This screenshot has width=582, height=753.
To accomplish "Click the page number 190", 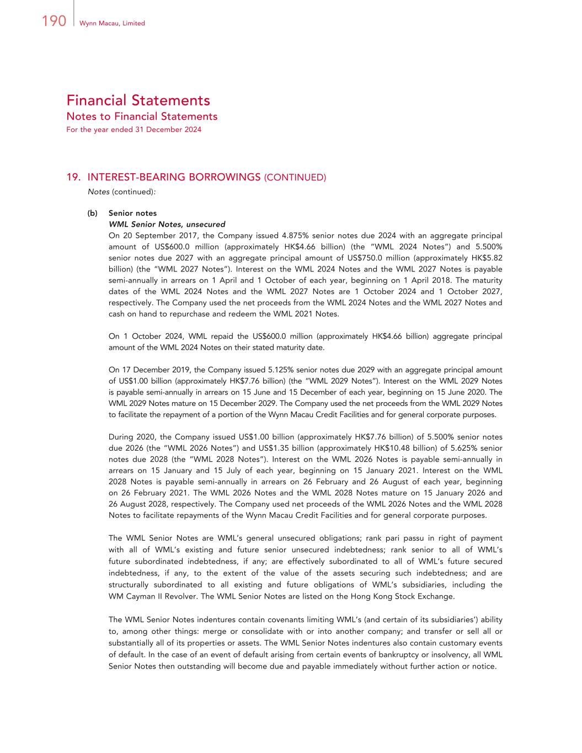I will [x=54, y=22].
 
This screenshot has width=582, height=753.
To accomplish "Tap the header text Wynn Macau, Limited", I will [x=112, y=23].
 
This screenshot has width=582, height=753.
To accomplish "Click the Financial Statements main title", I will [x=138, y=100].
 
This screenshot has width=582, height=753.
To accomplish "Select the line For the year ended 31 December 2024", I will [x=134, y=130].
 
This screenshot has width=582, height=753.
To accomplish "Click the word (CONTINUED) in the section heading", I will [x=295, y=178].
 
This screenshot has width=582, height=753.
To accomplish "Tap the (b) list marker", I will [x=93, y=213].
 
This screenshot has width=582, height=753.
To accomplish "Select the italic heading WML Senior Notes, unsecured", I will [x=167, y=224].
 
